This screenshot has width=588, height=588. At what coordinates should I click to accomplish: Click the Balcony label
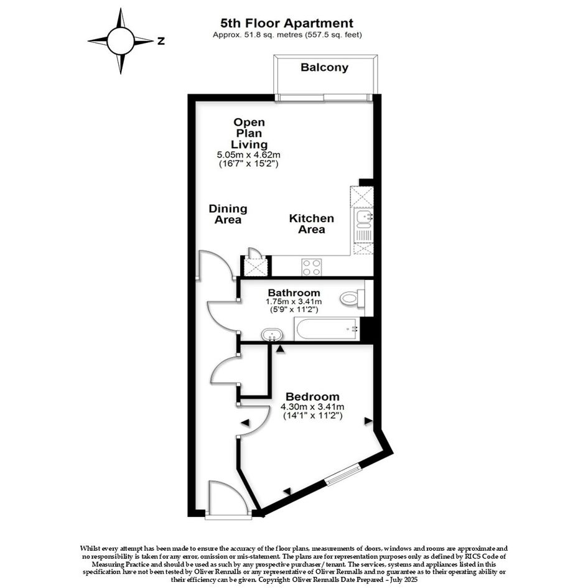coord(324,67)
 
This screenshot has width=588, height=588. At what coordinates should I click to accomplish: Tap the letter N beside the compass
coord(161,41)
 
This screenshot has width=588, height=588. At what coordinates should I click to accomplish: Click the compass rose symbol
coord(120,41)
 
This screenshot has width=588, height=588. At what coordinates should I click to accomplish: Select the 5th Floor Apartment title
coord(287,23)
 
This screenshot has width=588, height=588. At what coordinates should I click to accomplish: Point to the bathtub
coord(327,329)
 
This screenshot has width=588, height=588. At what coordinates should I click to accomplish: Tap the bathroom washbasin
coord(273,334)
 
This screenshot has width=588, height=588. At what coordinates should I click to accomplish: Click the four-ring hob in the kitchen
coord(311,268)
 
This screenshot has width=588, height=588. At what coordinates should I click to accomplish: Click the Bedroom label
coord(312,396)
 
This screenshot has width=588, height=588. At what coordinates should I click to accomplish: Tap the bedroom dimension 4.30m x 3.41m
coord(312,406)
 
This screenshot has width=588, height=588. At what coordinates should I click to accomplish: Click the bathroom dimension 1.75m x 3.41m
coord(294,302)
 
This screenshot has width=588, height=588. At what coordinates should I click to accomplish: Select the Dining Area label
coord(228,214)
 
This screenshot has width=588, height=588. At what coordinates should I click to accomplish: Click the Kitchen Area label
coord(311,224)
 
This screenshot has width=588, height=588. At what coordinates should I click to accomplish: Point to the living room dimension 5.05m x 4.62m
coord(249,154)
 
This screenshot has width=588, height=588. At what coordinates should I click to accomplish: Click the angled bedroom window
coord(343,474)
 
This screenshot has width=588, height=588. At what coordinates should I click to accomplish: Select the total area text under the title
coord(287,35)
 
